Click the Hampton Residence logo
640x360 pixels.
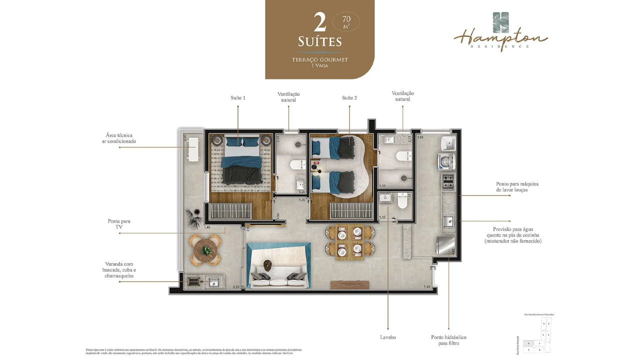pyautogui.click(x=500, y=32)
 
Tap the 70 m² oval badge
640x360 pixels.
pyautogui.click(x=346, y=22)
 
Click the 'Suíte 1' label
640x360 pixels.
pyautogui.click(x=237, y=98)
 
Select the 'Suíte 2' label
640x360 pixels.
pyautogui.click(x=349, y=98)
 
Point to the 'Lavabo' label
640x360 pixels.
pyautogui.click(x=387, y=337)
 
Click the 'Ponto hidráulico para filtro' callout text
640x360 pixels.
pyautogui.click(x=448, y=340)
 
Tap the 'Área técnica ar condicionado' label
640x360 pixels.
pyautogui.click(x=120, y=138)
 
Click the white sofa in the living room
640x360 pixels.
pyautogui.click(x=278, y=276)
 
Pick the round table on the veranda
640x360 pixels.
pyautogui.click(x=205, y=249)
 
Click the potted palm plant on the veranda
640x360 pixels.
pyautogui.click(x=192, y=216)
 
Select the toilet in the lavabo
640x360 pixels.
pyautogui.click(x=402, y=202)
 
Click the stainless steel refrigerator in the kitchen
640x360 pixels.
pyautogui.click(x=445, y=245)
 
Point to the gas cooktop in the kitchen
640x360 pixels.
pyautogui.click(x=447, y=182)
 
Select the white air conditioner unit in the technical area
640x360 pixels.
pyautogui.click(x=192, y=149)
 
